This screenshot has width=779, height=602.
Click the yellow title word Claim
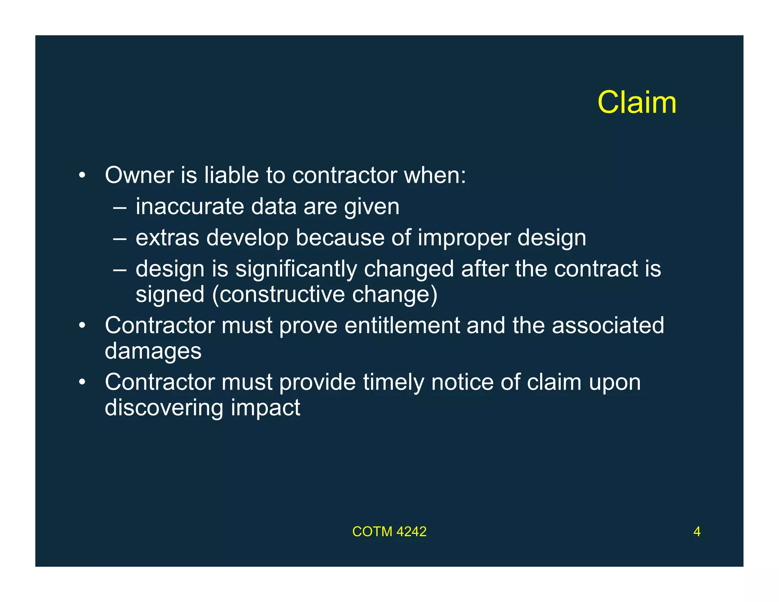(637, 102)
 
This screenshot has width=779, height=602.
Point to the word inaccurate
(190, 207)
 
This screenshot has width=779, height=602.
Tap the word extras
(167, 238)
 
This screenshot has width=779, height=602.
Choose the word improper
(464, 239)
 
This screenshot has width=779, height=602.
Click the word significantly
(296, 269)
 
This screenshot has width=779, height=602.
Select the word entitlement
(402, 326)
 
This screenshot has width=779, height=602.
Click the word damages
(153, 351)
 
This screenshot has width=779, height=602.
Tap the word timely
(393, 382)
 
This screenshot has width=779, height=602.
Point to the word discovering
(164, 408)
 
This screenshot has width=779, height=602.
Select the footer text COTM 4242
(389, 532)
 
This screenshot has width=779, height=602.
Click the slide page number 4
(697, 532)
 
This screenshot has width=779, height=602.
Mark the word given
(372, 207)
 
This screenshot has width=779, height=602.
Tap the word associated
(607, 326)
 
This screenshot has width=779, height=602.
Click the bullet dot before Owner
(82, 176)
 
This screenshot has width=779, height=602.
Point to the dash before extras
(119, 239)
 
